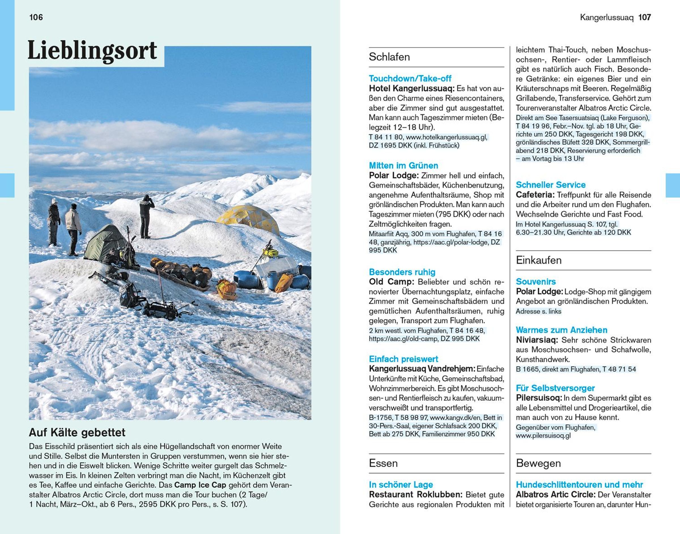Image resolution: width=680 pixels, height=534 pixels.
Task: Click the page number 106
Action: coord(36,17)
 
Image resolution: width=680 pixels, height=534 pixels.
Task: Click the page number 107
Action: coord(644,17)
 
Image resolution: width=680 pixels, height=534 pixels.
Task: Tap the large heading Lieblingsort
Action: coord(92,51)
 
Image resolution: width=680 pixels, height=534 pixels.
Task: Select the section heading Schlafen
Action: coord(389,57)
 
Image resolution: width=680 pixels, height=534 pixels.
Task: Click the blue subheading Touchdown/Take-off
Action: coord(410,79)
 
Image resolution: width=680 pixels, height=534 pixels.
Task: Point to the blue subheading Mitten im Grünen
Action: coord(403,165)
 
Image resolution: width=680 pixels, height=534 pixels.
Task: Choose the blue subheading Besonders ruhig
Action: coord(402,272)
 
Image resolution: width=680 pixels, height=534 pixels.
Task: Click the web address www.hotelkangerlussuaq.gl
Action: coord(447,137)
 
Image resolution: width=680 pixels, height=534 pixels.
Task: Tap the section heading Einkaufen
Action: coord(539,260)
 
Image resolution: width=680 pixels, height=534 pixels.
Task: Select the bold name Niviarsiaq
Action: coord(537,340)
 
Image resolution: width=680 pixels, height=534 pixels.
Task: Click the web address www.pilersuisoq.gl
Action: coord(543,436)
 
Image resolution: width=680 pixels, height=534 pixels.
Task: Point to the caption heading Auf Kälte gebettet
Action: coord(77,432)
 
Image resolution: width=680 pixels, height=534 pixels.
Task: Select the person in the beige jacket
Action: coord(73,227)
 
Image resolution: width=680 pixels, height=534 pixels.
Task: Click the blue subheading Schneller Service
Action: coord(551,185)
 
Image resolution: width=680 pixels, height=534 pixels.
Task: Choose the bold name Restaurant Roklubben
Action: coord(415,495)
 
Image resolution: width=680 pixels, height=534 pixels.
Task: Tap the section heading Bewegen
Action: coord(538,463)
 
